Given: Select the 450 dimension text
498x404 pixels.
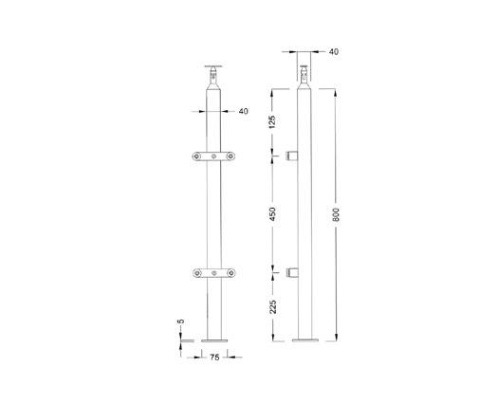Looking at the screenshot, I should tap(274, 214).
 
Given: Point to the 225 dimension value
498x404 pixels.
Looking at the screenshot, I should tap(274, 306).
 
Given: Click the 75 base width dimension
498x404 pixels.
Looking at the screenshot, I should tap(214, 358).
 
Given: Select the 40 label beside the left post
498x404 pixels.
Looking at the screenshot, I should tap(243, 111).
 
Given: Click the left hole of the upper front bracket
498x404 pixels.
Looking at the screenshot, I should tap(197, 156).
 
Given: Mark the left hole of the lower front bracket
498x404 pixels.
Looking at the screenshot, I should tap(197, 275).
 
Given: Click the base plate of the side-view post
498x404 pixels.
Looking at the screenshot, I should tap(306, 340).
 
